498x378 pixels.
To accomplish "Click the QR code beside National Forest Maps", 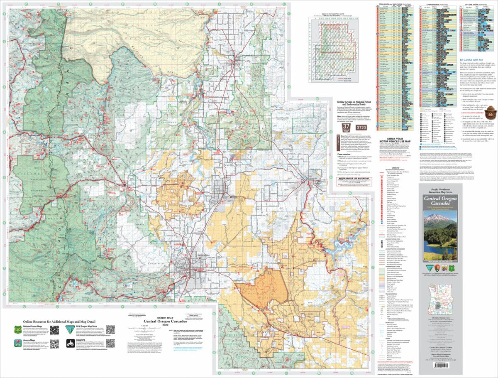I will click(54, 330).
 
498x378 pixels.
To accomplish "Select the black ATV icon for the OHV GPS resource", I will click(71, 343).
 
